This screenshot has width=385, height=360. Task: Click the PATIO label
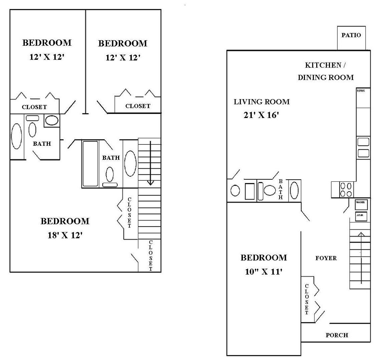(x=351, y=35)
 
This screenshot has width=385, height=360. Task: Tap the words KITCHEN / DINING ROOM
(x=325, y=71)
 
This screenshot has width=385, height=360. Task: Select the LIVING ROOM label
(x=262, y=102)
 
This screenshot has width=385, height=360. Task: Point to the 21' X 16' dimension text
(x=262, y=115)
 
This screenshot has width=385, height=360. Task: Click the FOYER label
(x=326, y=258)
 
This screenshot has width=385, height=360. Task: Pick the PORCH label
(x=337, y=335)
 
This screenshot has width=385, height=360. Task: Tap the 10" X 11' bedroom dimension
(x=264, y=272)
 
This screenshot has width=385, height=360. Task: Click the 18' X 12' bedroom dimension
(x=65, y=235)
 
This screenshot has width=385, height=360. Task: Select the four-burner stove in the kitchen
(x=346, y=190)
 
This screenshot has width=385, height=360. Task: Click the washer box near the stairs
(x=361, y=204)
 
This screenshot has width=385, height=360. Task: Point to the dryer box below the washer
(x=361, y=216)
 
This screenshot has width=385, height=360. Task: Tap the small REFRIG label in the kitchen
(x=361, y=91)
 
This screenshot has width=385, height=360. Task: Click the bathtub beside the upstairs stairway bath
(x=90, y=164)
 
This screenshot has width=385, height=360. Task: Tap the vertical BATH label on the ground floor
(x=281, y=189)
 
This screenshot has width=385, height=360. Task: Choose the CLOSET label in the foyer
(x=307, y=299)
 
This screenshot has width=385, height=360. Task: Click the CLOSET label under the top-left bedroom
(x=34, y=107)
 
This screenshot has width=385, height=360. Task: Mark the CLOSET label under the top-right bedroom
(x=138, y=106)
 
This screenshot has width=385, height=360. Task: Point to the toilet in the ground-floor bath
(x=269, y=190)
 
